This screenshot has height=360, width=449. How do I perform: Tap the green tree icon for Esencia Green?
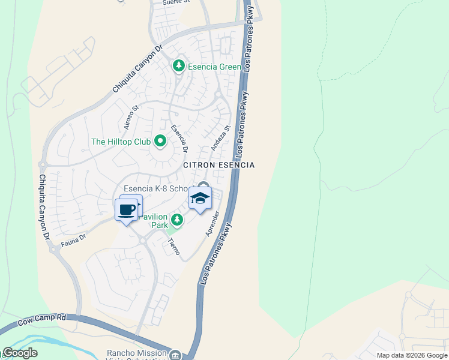tap(178, 66)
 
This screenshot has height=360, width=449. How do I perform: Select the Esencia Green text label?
tap(214, 67)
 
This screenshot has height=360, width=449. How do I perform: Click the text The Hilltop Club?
tap(120, 142)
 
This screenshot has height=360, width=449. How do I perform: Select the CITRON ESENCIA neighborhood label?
tap(218, 165)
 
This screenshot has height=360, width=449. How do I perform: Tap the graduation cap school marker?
tap(200, 199)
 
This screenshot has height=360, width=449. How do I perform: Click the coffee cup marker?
tap(126, 210)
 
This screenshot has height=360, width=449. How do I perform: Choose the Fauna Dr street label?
tap(73, 239)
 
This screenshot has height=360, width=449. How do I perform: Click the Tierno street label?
tap(173, 245)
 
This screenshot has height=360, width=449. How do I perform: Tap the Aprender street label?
tap(213, 223)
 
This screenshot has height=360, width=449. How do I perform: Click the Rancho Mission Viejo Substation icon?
tap(175, 355)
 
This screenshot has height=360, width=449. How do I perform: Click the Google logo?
tap(20, 353)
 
